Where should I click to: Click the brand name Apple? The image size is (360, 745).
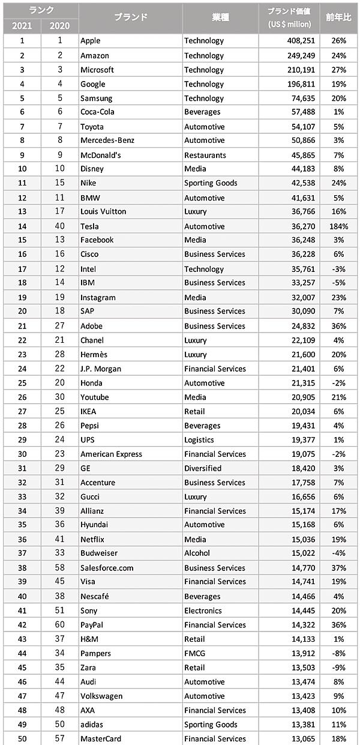(x=91, y=41)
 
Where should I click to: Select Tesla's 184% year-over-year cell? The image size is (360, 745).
(x=339, y=226)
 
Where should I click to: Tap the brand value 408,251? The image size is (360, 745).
(x=296, y=41)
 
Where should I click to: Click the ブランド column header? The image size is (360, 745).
(x=130, y=17)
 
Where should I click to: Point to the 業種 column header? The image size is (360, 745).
(x=220, y=17)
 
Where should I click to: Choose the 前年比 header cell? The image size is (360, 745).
(x=339, y=17)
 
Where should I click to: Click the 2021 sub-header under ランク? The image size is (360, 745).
(x=22, y=26)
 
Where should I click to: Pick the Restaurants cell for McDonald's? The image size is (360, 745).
(x=205, y=155)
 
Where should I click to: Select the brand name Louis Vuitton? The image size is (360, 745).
(x=103, y=211)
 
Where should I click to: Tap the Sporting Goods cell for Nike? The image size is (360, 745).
(x=211, y=183)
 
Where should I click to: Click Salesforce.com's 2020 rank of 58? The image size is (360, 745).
(x=59, y=567)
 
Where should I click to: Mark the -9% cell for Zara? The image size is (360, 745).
(x=340, y=667)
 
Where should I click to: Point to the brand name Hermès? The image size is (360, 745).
(x=94, y=354)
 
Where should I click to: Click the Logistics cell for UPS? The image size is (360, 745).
(x=199, y=439)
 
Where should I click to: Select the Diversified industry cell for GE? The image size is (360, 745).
(x=203, y=468)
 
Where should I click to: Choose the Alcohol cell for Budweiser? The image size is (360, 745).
(x=197, y=553)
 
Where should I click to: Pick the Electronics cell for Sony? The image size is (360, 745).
(x=203, y=611)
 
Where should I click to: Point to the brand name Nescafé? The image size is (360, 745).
(x=95, y=596)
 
